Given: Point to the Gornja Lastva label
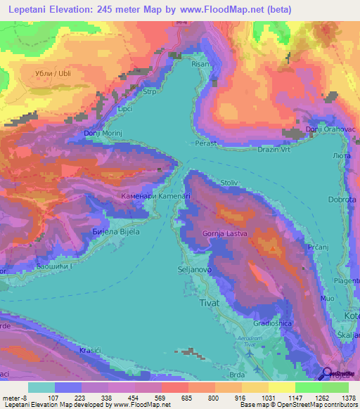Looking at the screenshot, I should pyautogui.click(x=225, y=233).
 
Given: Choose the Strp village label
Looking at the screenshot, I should pyautogui.click(x=149, y=91).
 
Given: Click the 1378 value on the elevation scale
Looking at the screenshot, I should pyautogui.click(x=345, y=398).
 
